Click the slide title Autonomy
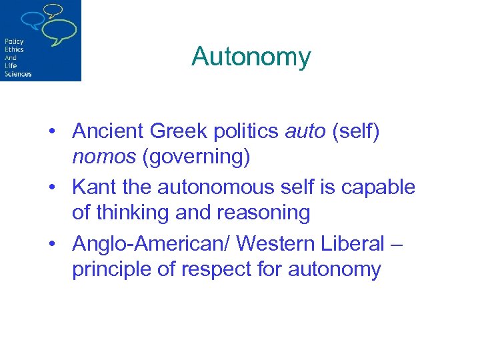pos(251,57)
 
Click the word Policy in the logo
pos(14,41)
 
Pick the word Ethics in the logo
pos(14,49)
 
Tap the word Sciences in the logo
pos(18,73)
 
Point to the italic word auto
pos(303,131)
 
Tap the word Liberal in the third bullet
pos(349,243)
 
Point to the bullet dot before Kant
pos(51,187)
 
